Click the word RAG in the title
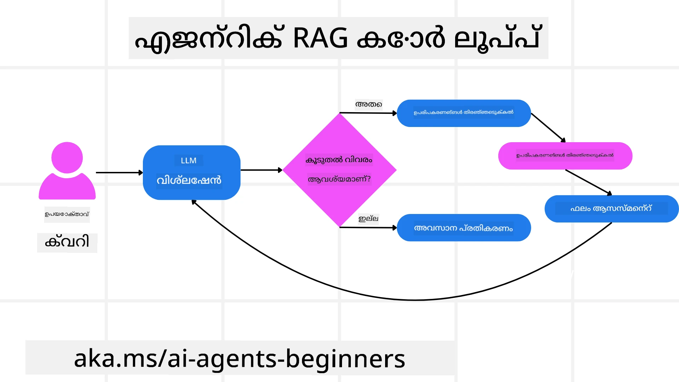point(320,38)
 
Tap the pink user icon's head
point(67,157)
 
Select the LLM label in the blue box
point(188,161)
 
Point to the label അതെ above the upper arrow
point(368,104)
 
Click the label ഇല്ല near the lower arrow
point(368,219)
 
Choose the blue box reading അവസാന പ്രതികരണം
point(464,228)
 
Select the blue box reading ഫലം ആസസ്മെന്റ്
point(611,209)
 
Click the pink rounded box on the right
point(565,156)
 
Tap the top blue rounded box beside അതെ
point(464,113)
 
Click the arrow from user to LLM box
point(119,173)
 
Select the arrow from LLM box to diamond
point(261,170)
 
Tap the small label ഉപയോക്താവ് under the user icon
point(67,214)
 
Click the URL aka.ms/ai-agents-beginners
point(239,358)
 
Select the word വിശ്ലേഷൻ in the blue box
point(189,180)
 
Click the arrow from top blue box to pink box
point(548,128)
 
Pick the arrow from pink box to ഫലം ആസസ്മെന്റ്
point(588,182)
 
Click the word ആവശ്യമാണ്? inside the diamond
point(339,179)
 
